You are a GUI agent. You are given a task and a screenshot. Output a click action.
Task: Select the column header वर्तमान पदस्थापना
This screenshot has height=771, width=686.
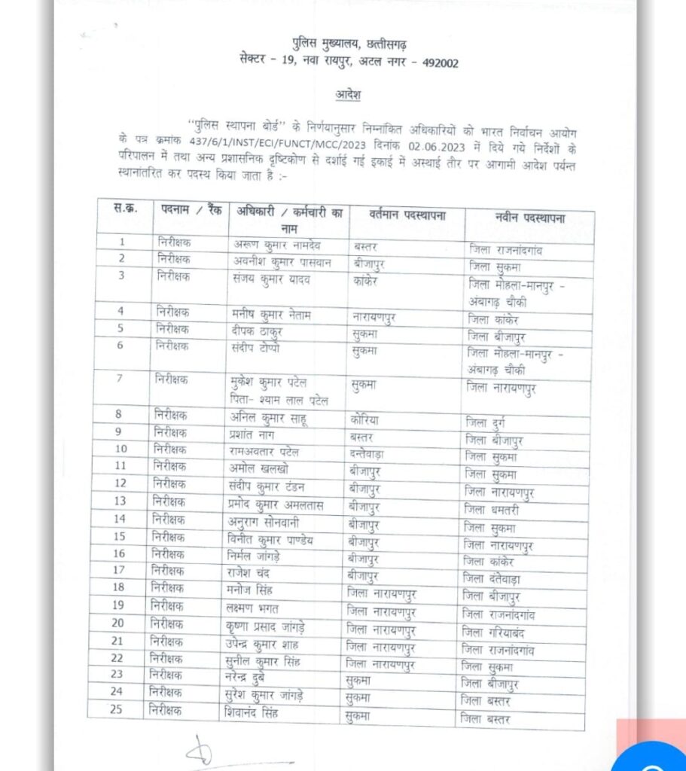[407, 216]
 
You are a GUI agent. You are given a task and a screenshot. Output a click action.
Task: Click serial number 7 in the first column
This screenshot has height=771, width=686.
[119, 377]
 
